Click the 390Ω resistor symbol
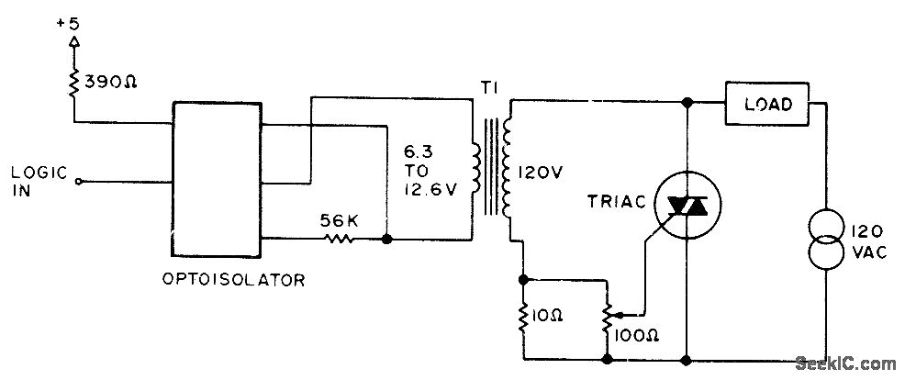(72, 82)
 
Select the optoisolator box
(217, 178)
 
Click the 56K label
(339, 219)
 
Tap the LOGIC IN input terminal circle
(79, 182)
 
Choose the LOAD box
(770, 104)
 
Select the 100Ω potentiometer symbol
(603, 314)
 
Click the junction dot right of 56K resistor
(387, 239)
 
